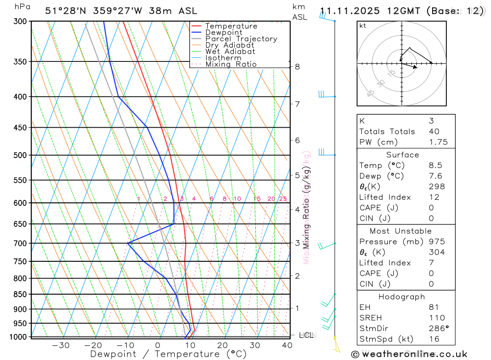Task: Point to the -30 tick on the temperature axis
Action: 60,345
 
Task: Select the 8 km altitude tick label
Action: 297,67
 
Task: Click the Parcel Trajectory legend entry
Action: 241,39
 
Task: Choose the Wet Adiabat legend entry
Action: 230,52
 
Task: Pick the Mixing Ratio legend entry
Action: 231,64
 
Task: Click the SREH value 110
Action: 436,318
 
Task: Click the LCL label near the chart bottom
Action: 306,335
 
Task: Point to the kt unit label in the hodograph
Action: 363,26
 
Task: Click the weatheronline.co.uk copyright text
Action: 409,354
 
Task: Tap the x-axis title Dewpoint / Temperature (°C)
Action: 168,354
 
